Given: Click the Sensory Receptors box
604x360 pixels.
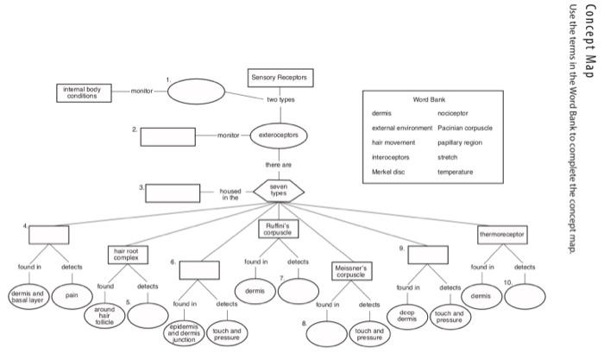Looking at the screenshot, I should coord(278,79).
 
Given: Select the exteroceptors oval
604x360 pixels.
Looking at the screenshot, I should coord(279,136).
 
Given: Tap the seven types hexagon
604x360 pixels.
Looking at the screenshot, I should coord(278,192).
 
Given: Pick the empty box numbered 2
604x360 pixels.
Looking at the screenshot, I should coord(167,136).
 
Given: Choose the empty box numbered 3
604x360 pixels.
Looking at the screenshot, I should coord(173,193).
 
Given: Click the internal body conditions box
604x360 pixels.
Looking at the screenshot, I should coord(83,92).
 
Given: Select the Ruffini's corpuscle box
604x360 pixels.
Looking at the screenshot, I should coord(278,229).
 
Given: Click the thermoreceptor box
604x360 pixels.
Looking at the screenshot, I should coord(502,234).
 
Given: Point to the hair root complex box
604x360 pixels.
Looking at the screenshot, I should coord(126,255).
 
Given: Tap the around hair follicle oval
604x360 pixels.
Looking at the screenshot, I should coord(104,316).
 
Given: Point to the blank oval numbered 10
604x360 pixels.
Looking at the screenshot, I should coord(525,296).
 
